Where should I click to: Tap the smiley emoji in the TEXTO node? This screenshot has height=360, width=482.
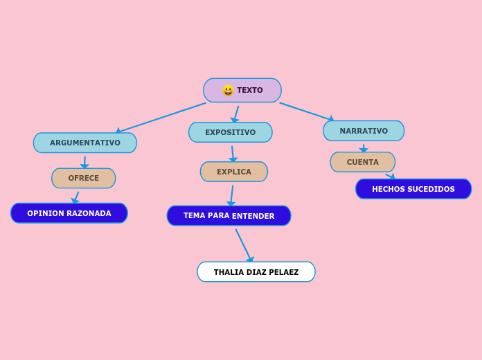pyautogui.click(x=228, y=91)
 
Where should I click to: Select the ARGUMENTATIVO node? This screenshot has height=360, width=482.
pyautogui.click(x=85, y=143)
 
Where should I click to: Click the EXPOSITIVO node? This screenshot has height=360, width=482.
pyautogui.click(x=230, y=132)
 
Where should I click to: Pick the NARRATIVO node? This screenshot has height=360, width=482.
pyautogui.click(x=364, y=131)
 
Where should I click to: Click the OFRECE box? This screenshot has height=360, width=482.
pyautogui.click(x=84, y=178)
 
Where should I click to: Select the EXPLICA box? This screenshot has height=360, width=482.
pyautogui.click(x=234, y=172)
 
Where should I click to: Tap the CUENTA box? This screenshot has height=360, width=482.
pyautogui.click(x=363, y=162)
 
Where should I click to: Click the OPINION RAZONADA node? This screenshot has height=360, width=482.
pyautogui.click(x=69, y=213)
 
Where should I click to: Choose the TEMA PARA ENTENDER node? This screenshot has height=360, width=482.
pyautogui.click(x=229, y=216)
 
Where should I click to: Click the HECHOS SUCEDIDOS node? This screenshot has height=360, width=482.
pyautogui.click(x=413, y=189)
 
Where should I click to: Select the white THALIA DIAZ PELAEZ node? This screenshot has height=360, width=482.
pyautogui.click(x=256, y=272)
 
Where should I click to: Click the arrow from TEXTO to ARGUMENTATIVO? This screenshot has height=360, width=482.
pyautogui.click(x=163, y=117)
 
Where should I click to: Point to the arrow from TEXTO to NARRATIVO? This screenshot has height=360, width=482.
pyautogui.click(x=306, y=111)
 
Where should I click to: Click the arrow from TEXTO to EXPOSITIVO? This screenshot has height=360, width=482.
pyautogui.click(x=236, y=113)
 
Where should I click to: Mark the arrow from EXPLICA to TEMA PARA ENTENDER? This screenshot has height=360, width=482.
pyautogui.click(x=232, y=195)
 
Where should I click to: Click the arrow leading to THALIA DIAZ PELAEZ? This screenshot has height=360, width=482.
pyautogui.click(x=244, y=245)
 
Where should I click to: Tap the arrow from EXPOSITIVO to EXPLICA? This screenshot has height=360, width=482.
pyautogui.click(x=233, y=152)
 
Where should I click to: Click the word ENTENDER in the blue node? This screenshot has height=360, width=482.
pyautogui.click(x=253, y=216)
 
